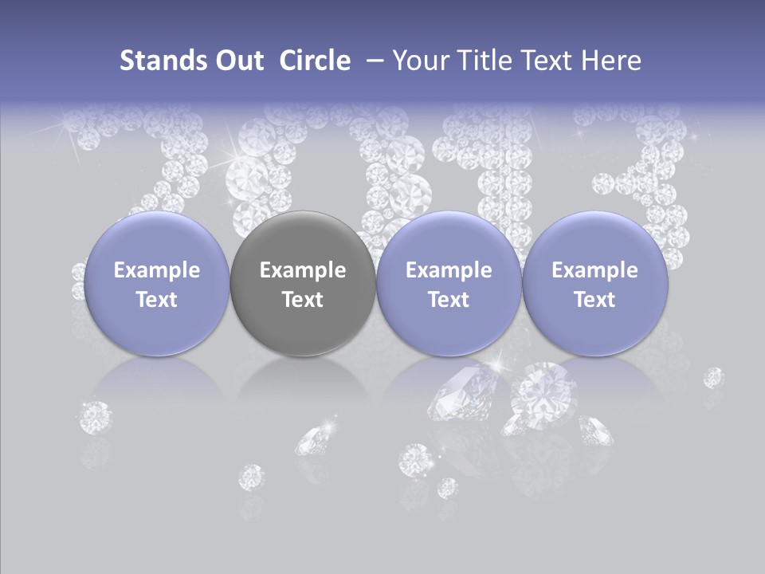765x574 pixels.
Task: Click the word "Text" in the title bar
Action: [551, 61]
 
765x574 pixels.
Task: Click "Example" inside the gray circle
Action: [303, 270]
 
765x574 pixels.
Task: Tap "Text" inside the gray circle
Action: [303, 300]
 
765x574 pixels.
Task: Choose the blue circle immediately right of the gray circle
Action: [449, 285]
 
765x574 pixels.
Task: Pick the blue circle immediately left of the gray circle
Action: [157, 285]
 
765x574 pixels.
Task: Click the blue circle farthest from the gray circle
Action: [594, 285]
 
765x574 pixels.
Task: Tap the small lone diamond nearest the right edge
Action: [713, 377]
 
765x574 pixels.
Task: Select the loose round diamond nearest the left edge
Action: [96, 417]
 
